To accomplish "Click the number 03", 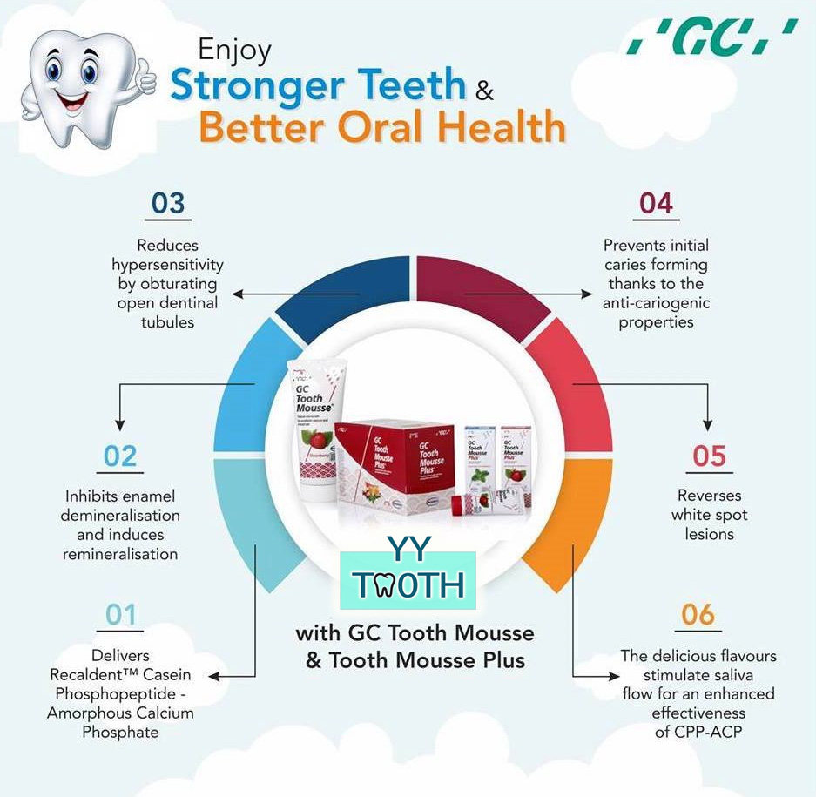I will click(x=168, y=203).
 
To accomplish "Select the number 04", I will click(x=656, y=203).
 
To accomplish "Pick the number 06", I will click(x=698, y=615).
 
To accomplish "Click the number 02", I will click(x=120, y=456).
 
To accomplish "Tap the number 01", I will click(x=121, y=615).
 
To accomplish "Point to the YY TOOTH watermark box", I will click(x=408, y=578).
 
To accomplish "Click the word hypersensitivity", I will click(x=168, y=265).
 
